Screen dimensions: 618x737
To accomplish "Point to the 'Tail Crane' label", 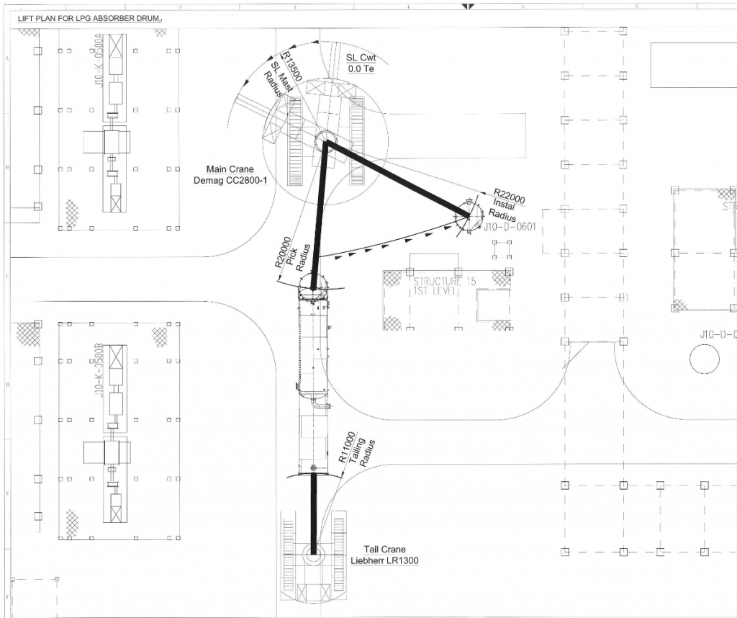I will tap(384, 550).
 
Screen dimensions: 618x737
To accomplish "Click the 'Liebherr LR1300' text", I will tap(384, 561).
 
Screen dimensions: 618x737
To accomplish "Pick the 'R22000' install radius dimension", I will tap(509, 197).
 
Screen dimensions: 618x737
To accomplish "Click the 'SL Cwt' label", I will tap(361, 58).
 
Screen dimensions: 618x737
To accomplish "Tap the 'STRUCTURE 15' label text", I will tap(443, 281).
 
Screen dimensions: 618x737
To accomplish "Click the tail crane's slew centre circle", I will tap(313, 555).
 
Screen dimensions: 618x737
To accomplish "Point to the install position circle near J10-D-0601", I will tap(467, 216).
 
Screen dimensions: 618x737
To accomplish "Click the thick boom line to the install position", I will tap(396, 178).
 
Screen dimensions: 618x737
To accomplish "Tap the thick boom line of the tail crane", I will tap(314, 511).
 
